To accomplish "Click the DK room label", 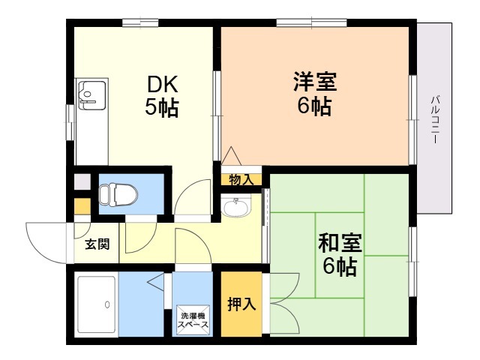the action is click(163, 84).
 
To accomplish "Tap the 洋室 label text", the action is click(315, 81).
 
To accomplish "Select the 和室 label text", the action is click(340, 243).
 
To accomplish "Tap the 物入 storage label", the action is click(241, 180).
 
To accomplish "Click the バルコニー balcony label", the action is click(435, 119).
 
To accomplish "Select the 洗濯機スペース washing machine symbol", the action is click(193, 320).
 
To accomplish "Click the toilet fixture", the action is click(118, 194).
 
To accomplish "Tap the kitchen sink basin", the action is click(92, 94).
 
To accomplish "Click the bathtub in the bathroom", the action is click(97, 304).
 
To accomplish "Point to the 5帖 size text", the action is click(162, 107).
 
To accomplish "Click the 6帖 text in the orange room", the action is click(314, 106).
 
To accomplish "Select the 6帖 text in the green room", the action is click(340, 267).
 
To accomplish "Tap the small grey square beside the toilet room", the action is click(82, 181).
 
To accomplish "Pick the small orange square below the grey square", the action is click(82, 206).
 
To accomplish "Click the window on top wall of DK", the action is click(140, 23).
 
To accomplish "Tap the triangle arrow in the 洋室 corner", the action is click(232, 156).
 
